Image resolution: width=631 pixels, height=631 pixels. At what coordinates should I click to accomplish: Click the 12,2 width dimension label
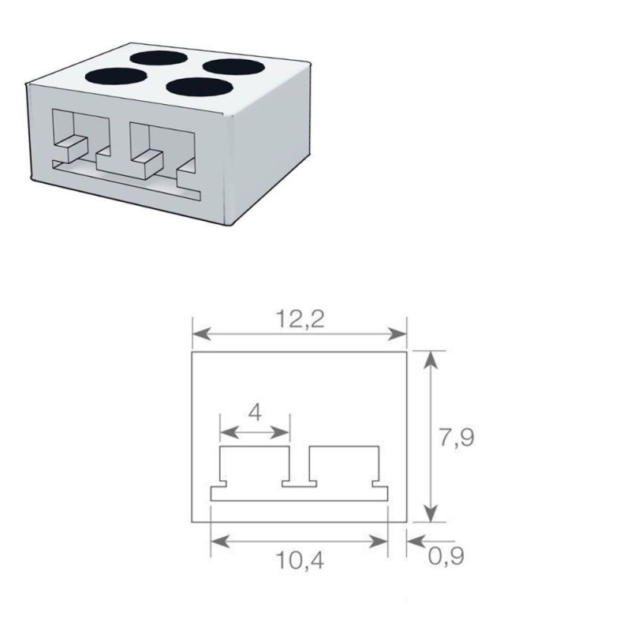click(x=301, y=319)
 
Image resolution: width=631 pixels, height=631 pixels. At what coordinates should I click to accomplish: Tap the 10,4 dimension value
click(x=300, y=562)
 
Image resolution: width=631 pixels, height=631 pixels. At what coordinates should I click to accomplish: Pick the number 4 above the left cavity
click(x=255, y=412)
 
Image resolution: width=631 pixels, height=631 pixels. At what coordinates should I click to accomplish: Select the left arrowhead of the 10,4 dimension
click(x=216, y=541)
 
